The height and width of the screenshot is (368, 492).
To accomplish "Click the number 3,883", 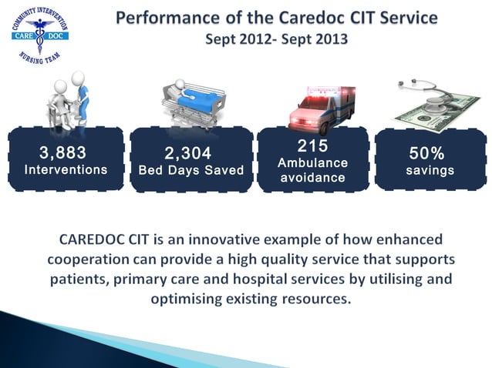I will click(x=62, y=152).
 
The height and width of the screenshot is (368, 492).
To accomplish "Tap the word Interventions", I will click(x=66, y=169).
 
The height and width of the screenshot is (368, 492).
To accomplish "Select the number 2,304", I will click(x=188, y=155).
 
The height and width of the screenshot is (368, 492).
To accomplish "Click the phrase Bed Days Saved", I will click(x=190, y=170).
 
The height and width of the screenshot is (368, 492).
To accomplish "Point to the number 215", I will click(x=312, y=146).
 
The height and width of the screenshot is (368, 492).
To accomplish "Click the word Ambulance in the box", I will click(x=312, y=163).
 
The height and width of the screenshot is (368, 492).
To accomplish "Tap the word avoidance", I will click(x=312, y=178).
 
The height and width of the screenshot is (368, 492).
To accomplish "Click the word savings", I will click(x=430, y=170).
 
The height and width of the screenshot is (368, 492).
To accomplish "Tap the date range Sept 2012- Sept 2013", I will click(x=276, y=37).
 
